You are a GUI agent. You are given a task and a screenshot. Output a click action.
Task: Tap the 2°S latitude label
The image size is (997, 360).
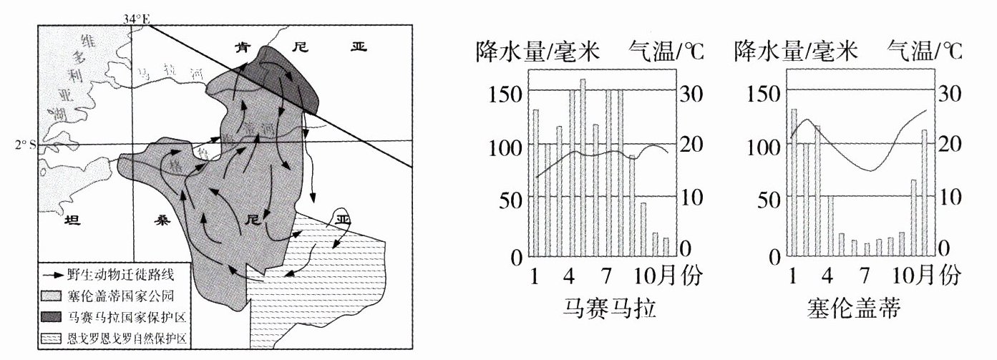click(24, 145)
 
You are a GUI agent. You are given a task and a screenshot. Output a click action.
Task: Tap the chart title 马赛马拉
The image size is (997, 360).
click(603, 310)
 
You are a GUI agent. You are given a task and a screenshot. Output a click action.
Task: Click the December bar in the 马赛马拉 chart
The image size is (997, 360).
click(666, 247)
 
